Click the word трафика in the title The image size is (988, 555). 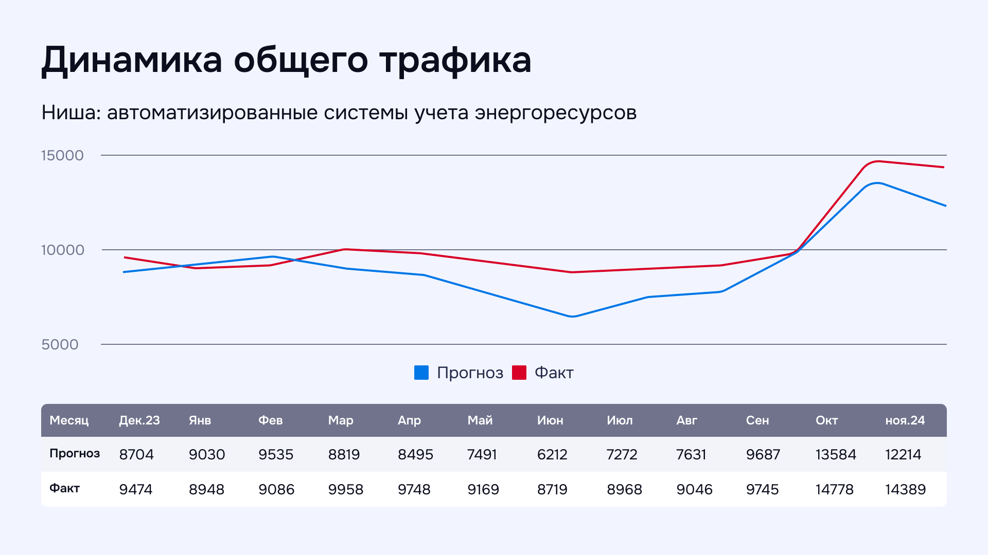455,61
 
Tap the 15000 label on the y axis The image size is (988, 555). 62,155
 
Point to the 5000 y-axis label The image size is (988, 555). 60,344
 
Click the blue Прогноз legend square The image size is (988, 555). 421,373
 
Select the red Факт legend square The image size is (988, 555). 519,373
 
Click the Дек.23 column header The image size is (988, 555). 139,420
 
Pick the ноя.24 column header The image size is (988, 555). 905,420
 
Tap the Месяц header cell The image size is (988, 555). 69,420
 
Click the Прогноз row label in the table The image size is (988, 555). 75,453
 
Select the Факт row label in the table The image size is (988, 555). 64,488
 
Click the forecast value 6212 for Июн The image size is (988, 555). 552,454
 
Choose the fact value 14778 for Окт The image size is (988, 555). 834,489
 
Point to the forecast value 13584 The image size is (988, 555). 836,454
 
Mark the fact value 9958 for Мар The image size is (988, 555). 346,489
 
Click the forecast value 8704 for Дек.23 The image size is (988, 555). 136,454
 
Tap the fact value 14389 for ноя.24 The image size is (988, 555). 905,489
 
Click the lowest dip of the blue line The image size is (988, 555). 572,317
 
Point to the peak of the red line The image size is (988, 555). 878,161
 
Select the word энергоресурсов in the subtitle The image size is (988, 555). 556,113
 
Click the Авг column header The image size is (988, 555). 686,420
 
